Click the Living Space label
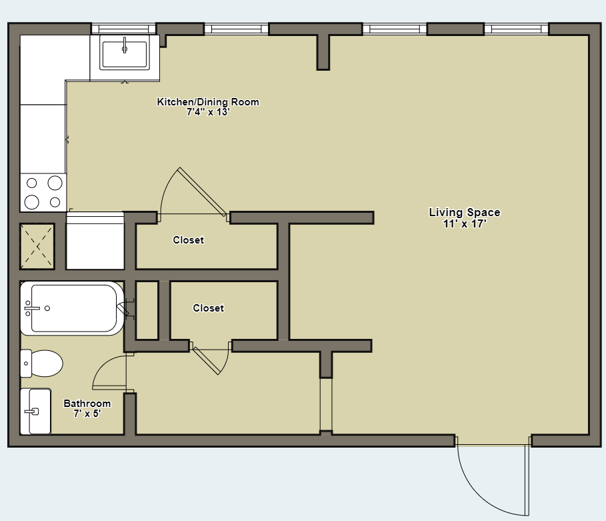(x=464, y=213)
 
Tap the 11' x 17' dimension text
(x=464, y=224)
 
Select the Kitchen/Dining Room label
(x=208, y=102)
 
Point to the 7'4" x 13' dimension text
(x=208, y=112)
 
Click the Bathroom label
(x=87, y=404)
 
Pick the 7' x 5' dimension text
(x=87, y=414)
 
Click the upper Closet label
(x=188, y=240)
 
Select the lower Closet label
(x=208, y=308)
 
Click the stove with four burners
(x=43, y=192)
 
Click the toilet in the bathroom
(x=41, y=364)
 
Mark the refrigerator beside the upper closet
(x=95, y=241)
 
